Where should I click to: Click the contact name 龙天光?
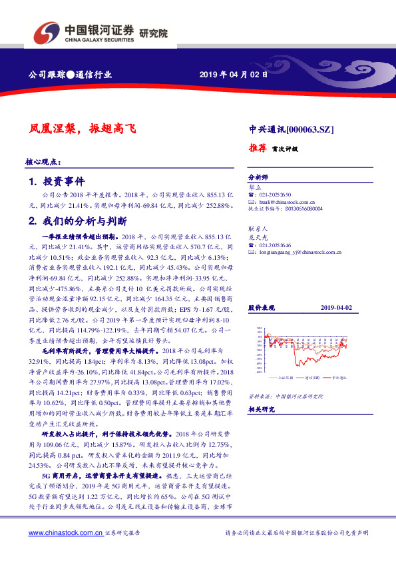click(x=257, y=237)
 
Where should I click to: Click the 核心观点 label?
click(x=43, y=162)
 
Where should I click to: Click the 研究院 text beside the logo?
click(x=154, y=33)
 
